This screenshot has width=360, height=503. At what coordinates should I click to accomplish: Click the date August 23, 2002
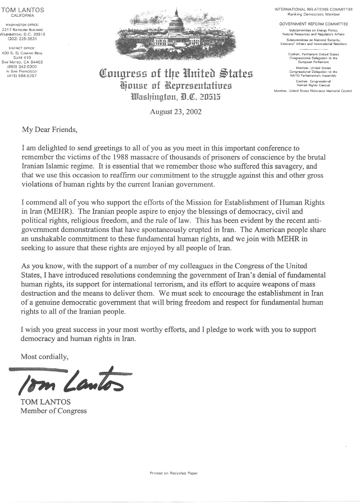pos(176,111)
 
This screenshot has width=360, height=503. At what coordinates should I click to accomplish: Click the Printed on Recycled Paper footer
pos(174,473)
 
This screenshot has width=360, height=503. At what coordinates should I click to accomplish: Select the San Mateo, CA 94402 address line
pos(22,62)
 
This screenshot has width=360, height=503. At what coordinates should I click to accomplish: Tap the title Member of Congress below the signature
pos(54,410)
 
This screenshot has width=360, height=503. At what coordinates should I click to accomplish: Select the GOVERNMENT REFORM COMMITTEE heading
pos(313,24)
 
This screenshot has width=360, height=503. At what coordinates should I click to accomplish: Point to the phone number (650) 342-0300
pos(22,67)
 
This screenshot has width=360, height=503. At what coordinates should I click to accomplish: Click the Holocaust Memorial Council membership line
pos(313,91)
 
